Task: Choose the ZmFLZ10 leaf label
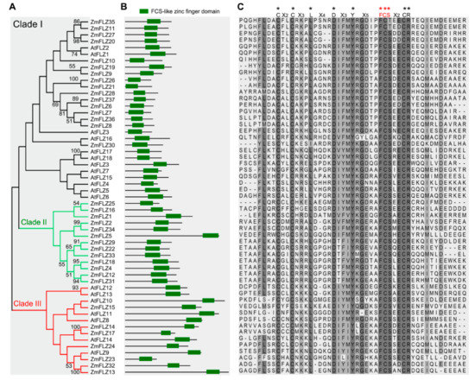click(x=105, y=60)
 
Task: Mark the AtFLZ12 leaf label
click(x=104, y=288)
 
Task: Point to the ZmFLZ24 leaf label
click(x=105, y=345)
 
